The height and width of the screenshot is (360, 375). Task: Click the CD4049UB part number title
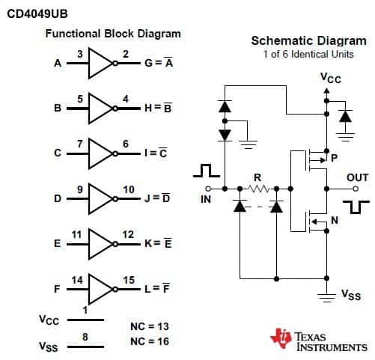tap(37, 13)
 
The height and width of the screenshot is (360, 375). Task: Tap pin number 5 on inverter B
tap(80, 99)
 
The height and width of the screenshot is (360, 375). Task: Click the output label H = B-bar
tap(158, 108)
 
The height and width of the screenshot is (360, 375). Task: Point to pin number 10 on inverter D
tap(129, 189)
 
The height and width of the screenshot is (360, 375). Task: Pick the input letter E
tap(58, 243)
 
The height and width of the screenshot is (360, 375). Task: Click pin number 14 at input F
tap(77, 280)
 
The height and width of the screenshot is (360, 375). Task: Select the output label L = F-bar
tap(157, 288)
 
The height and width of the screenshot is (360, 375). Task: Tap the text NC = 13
tap(150, 326)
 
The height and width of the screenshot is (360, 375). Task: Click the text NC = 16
tap(150, 341)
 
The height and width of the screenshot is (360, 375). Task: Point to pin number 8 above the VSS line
tap(85, 337)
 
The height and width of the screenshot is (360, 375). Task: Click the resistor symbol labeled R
tap(259, 189)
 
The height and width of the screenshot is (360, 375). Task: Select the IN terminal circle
tap(208, 189)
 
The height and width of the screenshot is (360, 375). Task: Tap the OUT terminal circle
tap(356, 189)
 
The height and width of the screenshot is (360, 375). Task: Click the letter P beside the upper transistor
tap(334, 158)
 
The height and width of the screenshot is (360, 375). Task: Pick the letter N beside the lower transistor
tap(335, 220)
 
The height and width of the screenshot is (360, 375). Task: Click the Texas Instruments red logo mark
tap(281, 338)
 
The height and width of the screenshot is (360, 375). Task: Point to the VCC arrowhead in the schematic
tap(326, 91)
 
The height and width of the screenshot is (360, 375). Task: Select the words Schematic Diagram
tap(309, 41)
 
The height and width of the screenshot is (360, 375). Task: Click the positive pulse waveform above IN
tap(207, 171)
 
